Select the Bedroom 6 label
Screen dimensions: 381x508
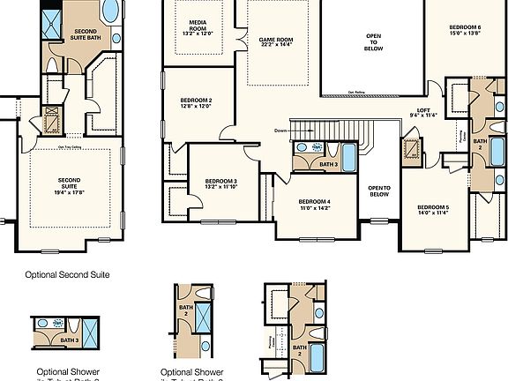tap(467, 27)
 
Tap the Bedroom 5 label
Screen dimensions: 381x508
tap(433, 207)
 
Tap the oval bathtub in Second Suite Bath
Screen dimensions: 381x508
tap(112, 11)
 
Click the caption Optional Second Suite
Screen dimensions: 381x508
tap(61, 274)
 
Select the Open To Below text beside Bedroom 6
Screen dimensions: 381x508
tap(374, 43)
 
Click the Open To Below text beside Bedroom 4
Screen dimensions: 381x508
tap(379, 191)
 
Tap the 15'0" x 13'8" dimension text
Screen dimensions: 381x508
tap(467, 34)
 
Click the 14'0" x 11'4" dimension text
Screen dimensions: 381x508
tap(433, 213)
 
